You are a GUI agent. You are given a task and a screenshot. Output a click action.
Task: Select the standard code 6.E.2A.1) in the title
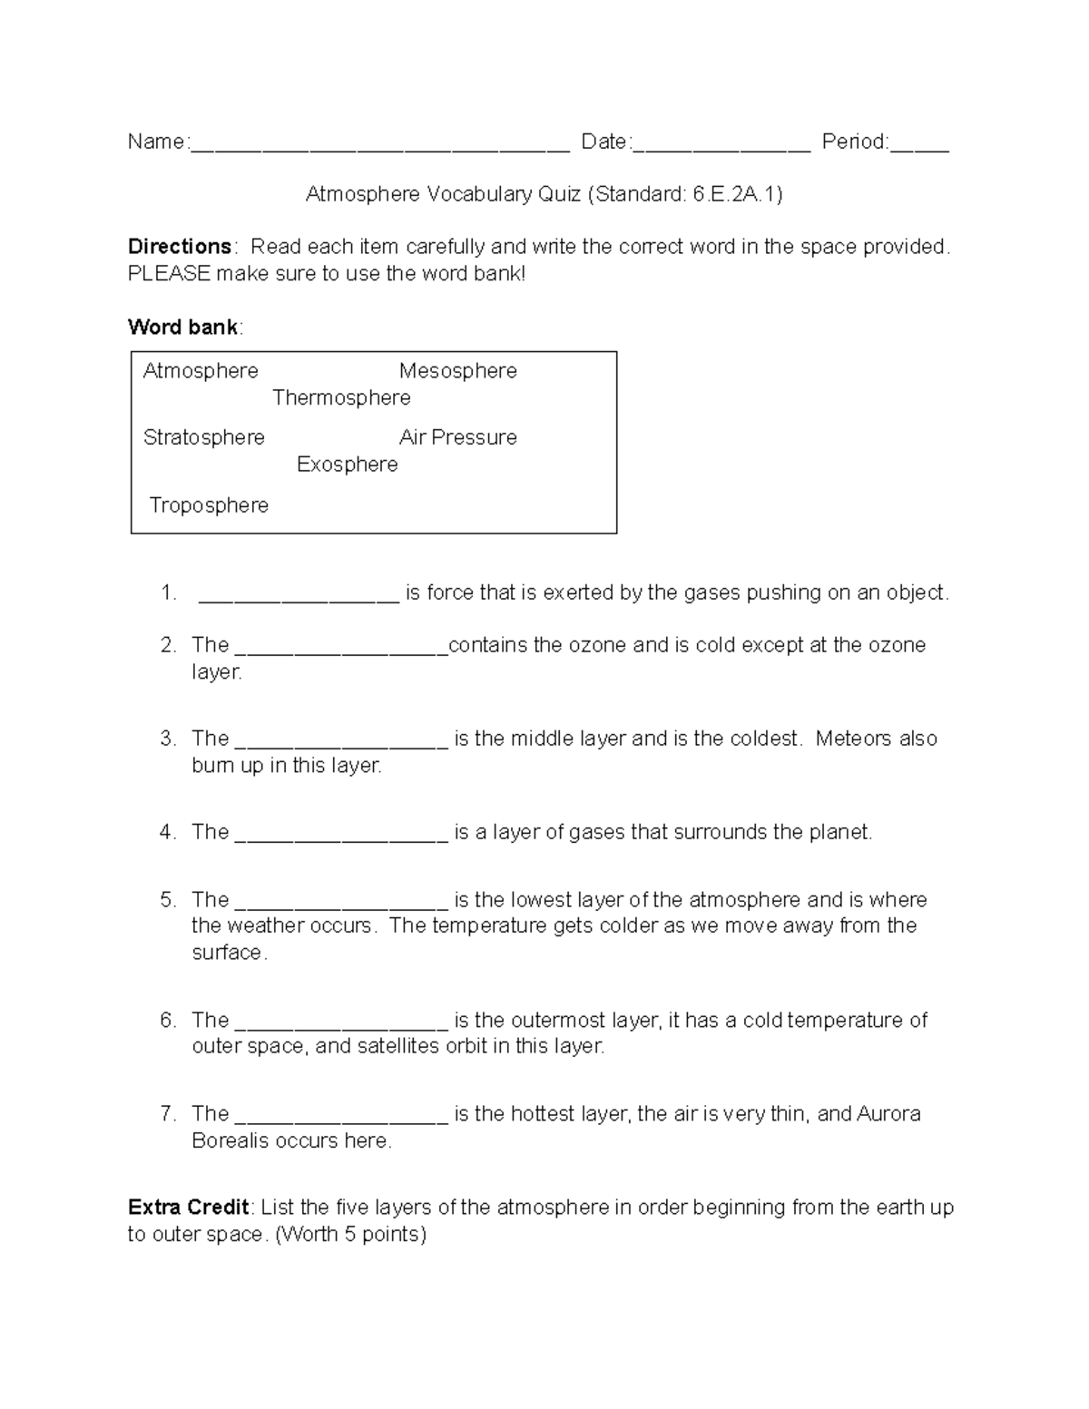click(737, 194)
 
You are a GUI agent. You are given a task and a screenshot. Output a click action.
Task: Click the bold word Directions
click(180, 247)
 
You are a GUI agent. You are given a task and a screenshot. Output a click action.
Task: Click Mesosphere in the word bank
click(457, 371)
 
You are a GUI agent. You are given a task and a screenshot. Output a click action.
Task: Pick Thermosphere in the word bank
click(341, 398)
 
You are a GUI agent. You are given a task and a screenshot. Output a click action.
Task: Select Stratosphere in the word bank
click(204, 437)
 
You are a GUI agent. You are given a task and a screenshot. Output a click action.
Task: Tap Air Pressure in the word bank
click(457, 437)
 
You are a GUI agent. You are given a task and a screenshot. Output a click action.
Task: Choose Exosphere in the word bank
click(347, 465)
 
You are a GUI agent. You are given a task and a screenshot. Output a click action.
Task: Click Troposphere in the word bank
click(209, 505)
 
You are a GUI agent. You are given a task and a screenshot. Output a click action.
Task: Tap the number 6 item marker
click(167, 1020)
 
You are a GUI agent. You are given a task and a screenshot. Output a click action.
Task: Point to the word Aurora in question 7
click(888, 1113)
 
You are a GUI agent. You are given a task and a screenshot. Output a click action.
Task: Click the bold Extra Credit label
click(188, 1208)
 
